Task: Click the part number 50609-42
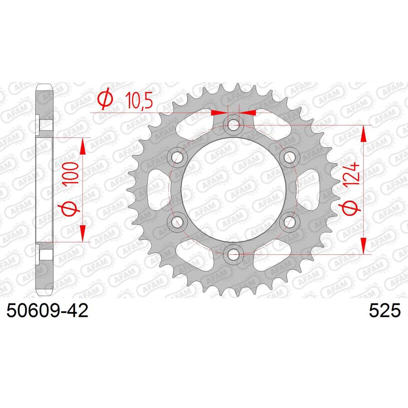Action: tap(47, 311)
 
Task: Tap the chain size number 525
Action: tap(384, 311)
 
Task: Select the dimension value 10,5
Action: tap(139, 101)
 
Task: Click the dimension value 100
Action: tap(70, 173)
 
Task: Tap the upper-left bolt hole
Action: tap(177, 157)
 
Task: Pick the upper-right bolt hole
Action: tap(289, 157)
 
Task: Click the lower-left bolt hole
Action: tap(177, 221)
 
